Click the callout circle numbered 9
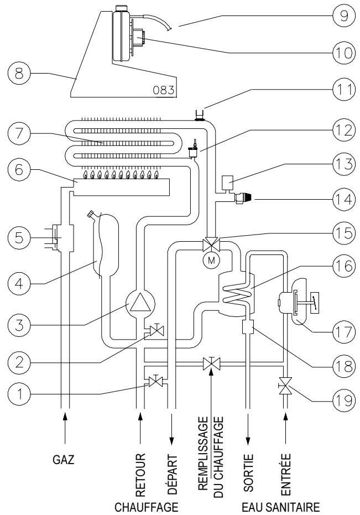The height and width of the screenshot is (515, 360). (x=344, y=15)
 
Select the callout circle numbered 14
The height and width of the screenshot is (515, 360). (x=344, y=200)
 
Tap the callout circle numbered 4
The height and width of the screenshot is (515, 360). (x=19, y=283)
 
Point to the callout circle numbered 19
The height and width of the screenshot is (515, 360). (x=344, y=400)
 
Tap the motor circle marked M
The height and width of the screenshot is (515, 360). (x=212, y=261)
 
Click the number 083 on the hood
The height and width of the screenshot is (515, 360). (x=163, y=90)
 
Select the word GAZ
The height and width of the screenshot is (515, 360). (x=64, y=459)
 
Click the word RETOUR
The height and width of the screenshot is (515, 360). (x=140, y=475)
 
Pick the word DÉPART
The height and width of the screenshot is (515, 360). (x=173, y=475)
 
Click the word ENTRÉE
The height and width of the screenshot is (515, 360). (x=286, y=474)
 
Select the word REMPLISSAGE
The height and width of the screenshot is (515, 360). (x=204, y=453)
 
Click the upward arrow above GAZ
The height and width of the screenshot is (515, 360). (x=65, y=428)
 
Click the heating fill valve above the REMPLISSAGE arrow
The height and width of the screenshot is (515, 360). (x=212, y=363)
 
